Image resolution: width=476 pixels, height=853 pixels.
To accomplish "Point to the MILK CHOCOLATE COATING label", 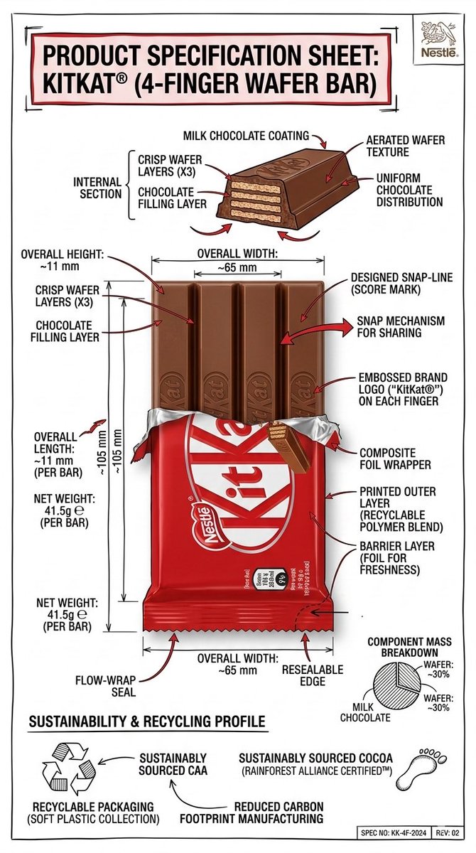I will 246,135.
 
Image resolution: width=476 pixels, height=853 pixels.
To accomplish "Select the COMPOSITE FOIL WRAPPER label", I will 394,458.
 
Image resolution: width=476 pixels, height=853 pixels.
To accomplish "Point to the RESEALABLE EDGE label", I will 313,676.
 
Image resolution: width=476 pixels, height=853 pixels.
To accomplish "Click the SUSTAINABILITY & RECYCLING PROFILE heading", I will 146,722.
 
